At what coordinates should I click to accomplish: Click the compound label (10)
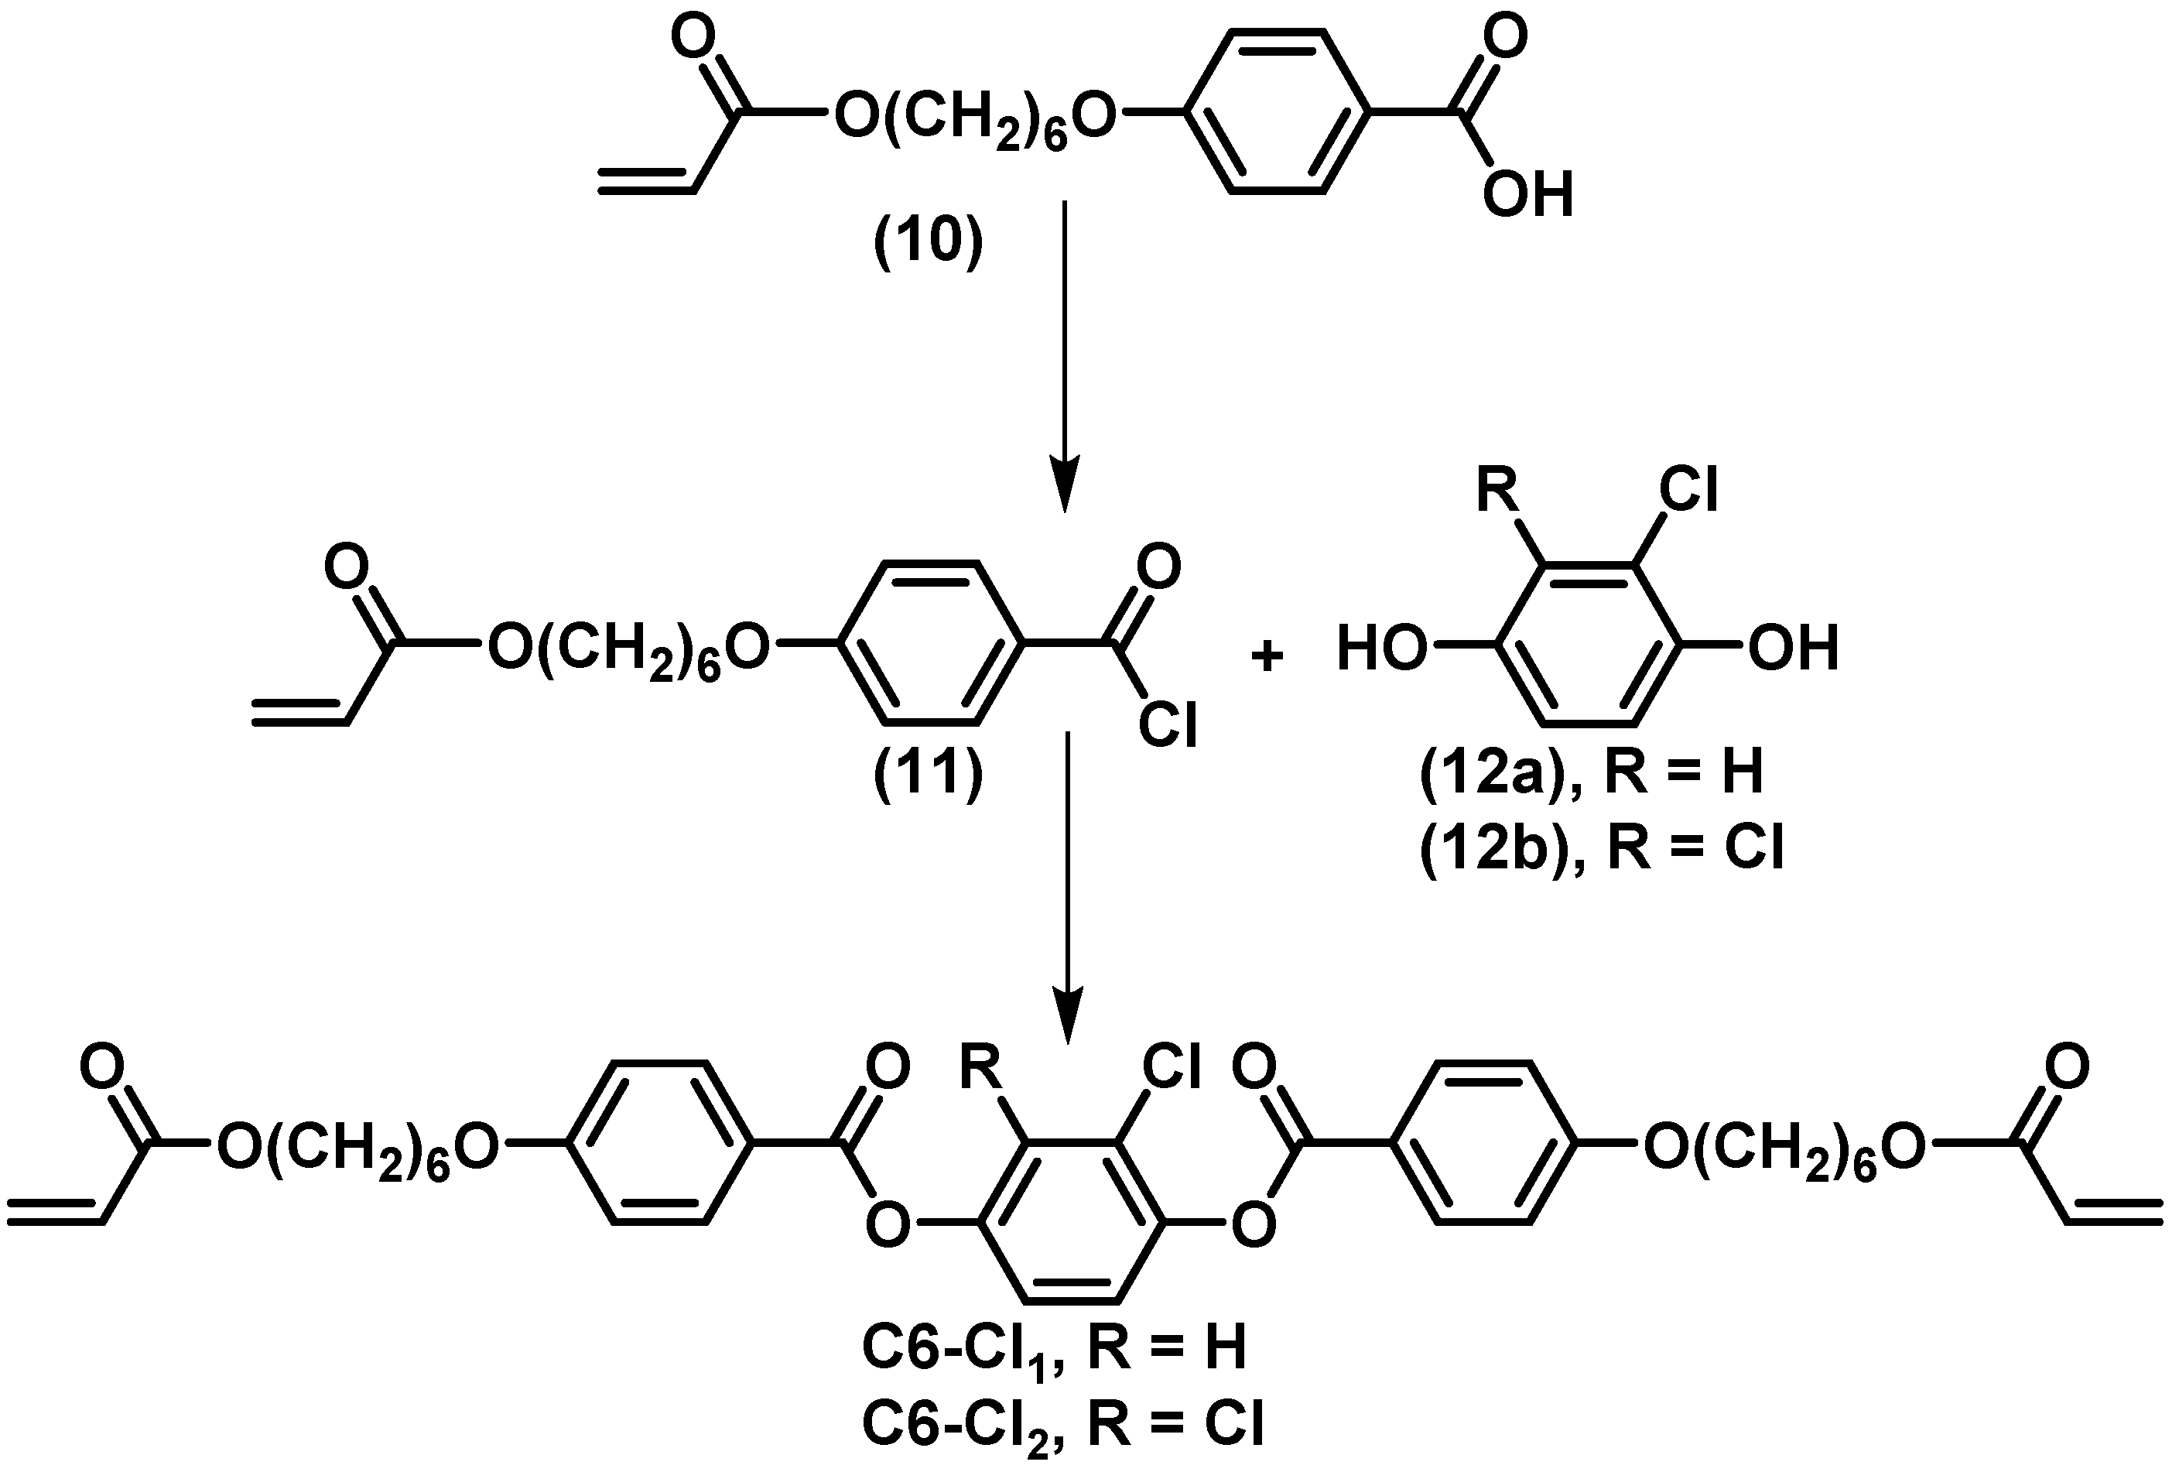[929, 242]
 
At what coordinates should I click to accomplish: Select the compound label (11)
[929, 775]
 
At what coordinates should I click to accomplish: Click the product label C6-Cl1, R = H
[1053, 1348]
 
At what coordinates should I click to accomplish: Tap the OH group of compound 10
[1527, 196]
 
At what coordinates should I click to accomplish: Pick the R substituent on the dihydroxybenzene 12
[1498, 491]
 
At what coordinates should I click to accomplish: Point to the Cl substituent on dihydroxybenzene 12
[1688, 491]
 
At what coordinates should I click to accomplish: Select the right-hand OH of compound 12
[1793, 649]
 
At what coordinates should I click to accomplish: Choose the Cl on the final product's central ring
[1171, 1068]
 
